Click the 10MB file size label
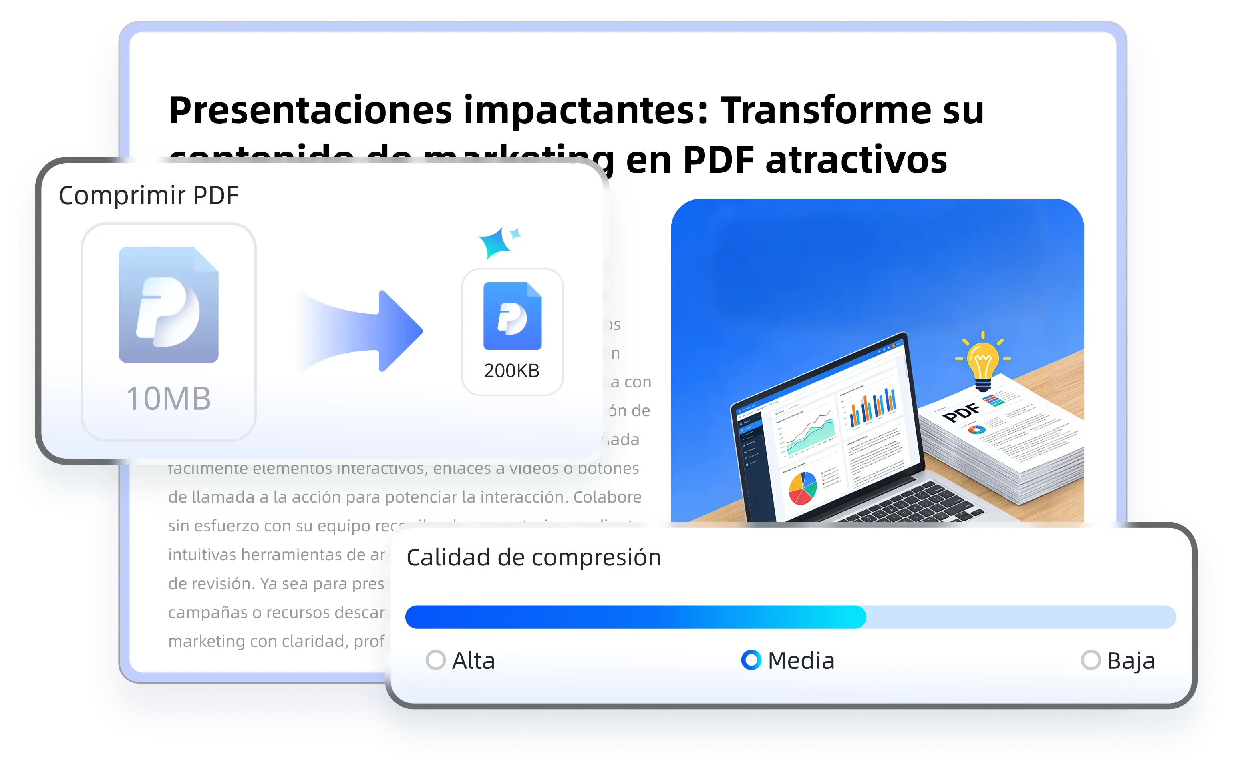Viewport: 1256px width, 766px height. [169, 398]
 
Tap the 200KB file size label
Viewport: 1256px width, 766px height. [512, 371]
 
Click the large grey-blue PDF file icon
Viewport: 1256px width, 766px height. [169, 305]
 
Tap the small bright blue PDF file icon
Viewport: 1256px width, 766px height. [512, 316]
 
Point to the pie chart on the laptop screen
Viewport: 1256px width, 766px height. [803, 488]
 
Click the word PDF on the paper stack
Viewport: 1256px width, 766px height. [961, 412]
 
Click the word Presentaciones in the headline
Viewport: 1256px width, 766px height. [310, 110]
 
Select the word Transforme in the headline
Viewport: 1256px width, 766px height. [826, 110]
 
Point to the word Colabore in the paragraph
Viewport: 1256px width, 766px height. [607, 497]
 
